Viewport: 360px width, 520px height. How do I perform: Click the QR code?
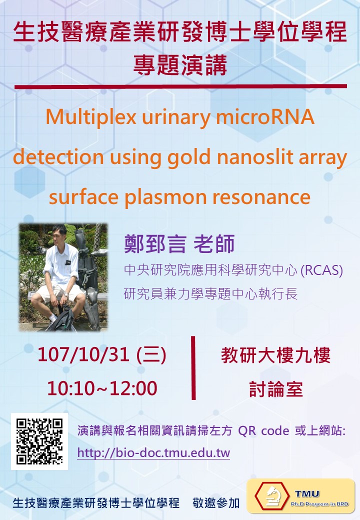(x=39, y=441)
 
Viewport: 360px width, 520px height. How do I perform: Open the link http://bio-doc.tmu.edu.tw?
(x=153, y=452)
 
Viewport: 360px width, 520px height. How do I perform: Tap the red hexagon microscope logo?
(x=272, y=496)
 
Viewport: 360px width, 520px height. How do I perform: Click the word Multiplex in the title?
(x=91, y=117)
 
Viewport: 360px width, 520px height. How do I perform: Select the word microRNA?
(x=265, y=116)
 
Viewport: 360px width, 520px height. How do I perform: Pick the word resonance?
(x=261, y=197)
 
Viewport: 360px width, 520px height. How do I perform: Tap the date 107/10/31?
(x=83, y=354)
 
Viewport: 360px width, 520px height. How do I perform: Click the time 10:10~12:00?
(x=102, y=388)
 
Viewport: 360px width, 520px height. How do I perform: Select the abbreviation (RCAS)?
(x=321, y=270)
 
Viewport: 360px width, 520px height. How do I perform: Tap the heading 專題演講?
(x=180, y=65)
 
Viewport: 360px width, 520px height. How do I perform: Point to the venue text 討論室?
(x=276, y=389)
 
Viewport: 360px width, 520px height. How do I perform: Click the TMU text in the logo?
(x=307, y=494)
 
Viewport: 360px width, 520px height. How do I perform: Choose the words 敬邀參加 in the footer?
(x=216, y=503)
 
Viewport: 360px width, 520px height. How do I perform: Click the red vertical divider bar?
(x=193, y=368)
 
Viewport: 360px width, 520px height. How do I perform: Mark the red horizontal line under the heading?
(x=180, y=86)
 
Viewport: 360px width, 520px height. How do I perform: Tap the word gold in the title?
(x=189, y=157)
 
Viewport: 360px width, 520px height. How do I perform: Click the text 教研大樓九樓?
(x=276, y=355)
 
